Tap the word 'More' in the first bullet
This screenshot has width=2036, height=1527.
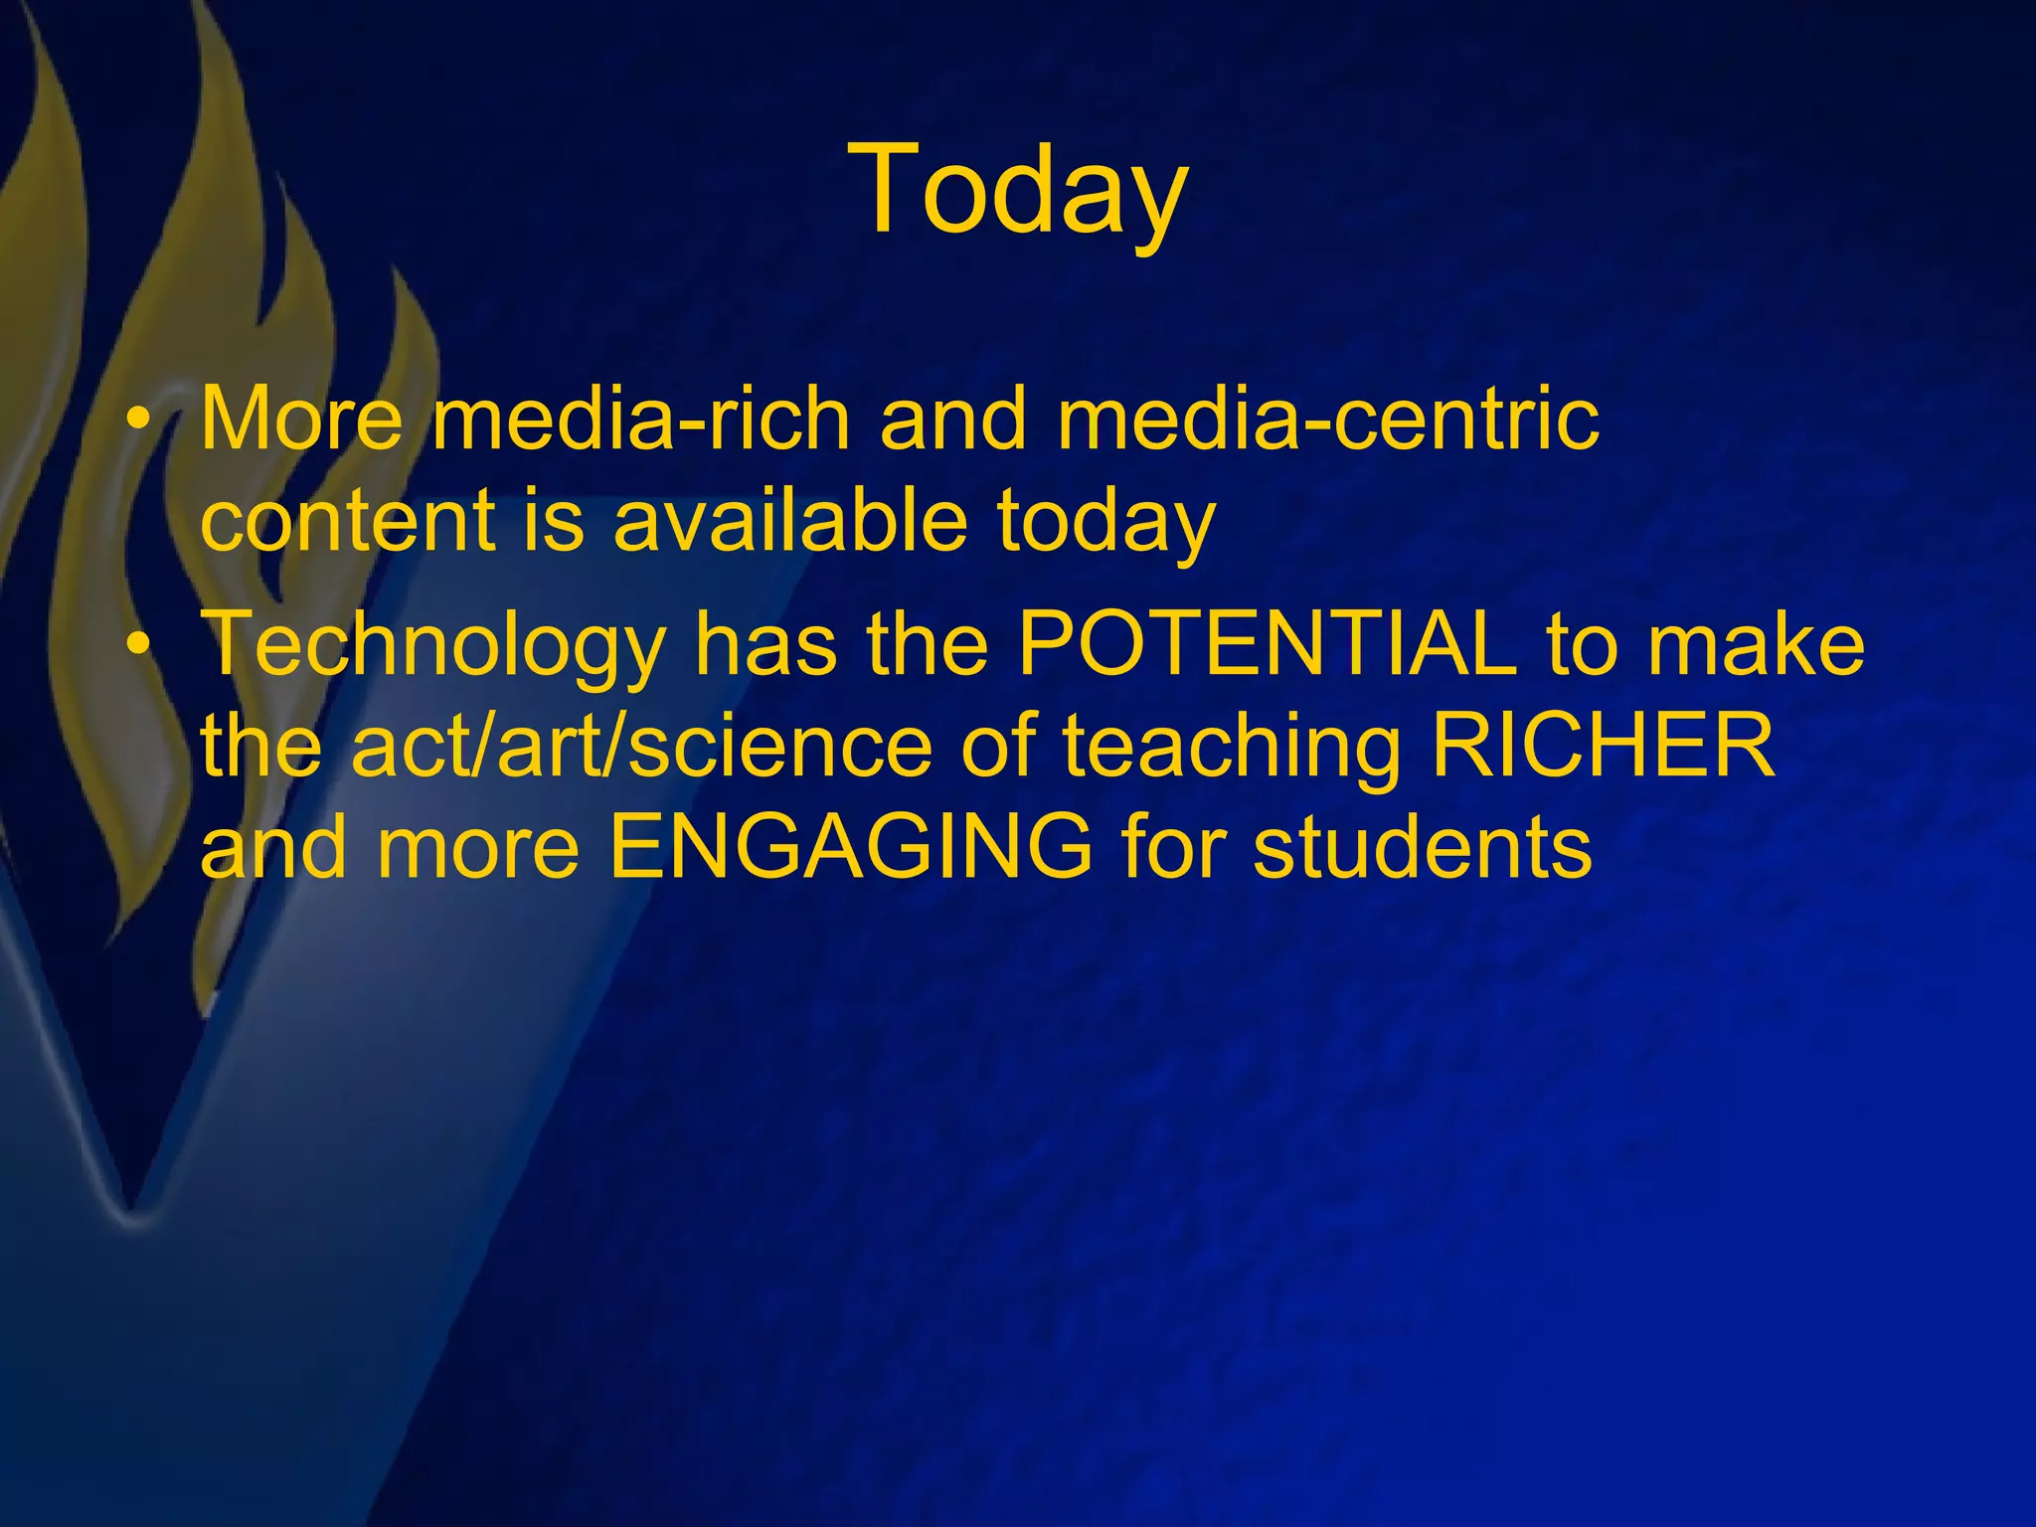[301, 419]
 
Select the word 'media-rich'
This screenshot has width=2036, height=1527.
[641, 419]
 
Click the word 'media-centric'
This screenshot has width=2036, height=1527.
[1327, 419]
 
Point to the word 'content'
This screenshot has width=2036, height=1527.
[347, 521]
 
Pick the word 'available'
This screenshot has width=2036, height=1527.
[789, 521]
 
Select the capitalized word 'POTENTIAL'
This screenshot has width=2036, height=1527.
[1268, 644]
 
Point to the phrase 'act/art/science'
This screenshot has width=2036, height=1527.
[641, 747]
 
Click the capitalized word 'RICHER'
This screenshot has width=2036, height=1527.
[1603, 747]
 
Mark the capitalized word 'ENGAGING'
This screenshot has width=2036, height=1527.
[850, 848]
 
